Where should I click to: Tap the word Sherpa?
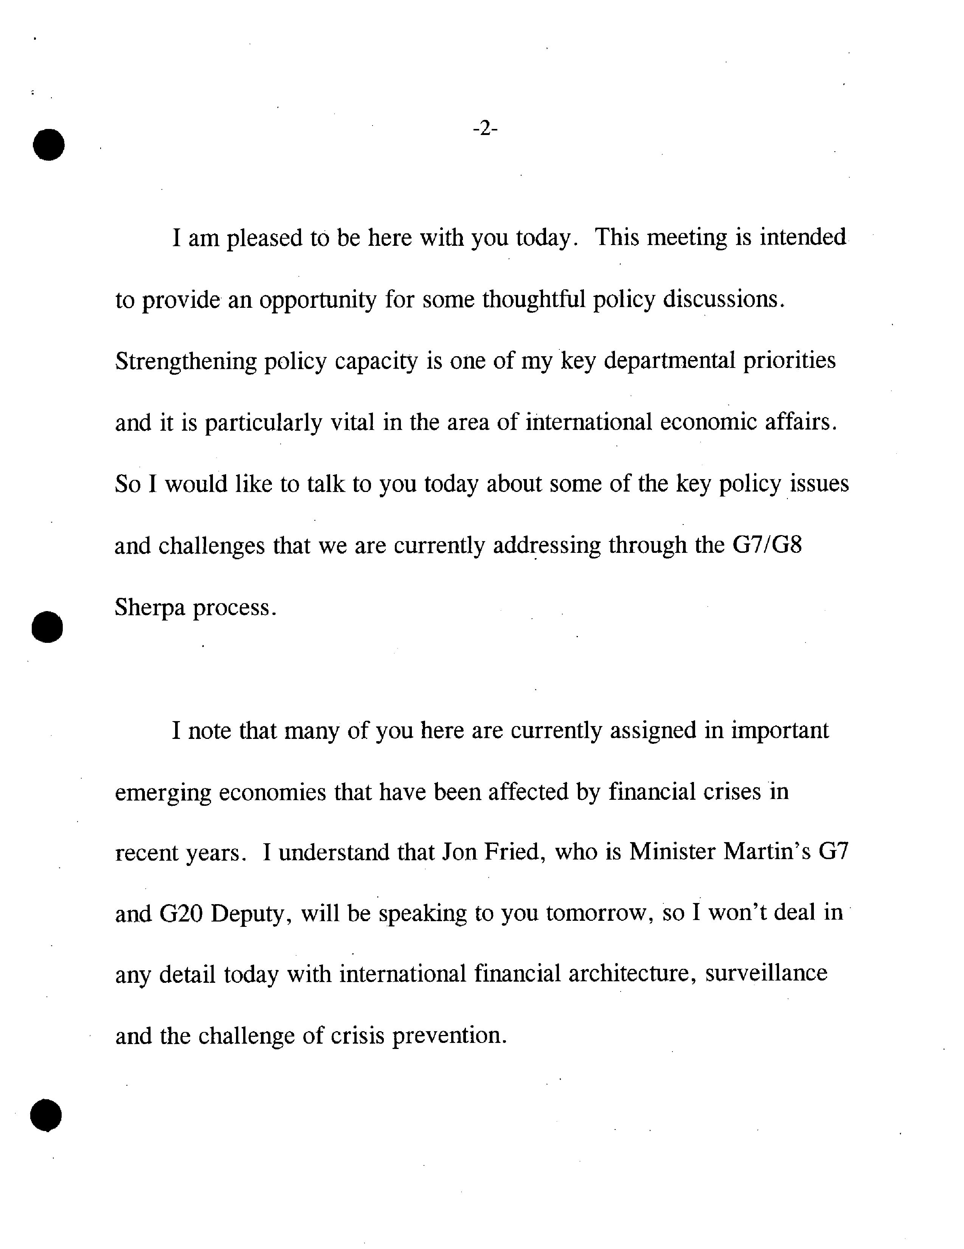[x=150, y=607]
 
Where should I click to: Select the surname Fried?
[x=512, y=852]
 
